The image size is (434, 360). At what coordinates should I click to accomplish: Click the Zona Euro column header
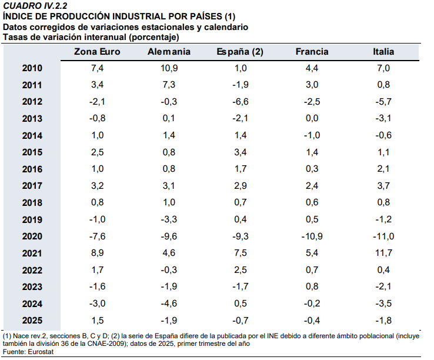(x=97, y=52)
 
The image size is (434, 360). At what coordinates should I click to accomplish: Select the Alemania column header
(x=169, y=52)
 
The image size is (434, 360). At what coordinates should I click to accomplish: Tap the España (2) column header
(x=240, y=52)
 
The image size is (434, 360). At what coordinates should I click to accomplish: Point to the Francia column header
(x=312, y=52)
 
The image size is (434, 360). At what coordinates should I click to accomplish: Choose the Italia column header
(x=383, y=52)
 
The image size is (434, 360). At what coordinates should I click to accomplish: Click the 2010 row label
(x=32, y=68)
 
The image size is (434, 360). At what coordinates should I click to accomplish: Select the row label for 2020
(x=32, y=236)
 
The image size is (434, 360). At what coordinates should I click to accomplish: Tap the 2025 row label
(x=32, y=321)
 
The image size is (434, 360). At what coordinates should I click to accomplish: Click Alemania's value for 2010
(x=169, y=68)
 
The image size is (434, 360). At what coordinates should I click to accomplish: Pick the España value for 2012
(x=241, y=102)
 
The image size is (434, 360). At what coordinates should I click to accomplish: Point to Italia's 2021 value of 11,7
(x=383, y=253)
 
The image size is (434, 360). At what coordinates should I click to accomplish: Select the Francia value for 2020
(x=312, y=236)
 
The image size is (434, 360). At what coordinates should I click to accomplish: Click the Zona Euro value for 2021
(x=98, y=253)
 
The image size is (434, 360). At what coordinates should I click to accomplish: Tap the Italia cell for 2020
(x=383, y=236)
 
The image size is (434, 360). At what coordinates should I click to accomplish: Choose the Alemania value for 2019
(x=169, y=219)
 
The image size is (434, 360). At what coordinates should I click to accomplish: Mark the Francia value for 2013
(x=312, y=118)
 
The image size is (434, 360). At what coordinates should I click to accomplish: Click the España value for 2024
(x=241, y=304)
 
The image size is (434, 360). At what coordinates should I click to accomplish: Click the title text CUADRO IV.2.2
(x=35, y=6)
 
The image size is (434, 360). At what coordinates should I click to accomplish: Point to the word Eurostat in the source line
(x=41, y=352)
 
